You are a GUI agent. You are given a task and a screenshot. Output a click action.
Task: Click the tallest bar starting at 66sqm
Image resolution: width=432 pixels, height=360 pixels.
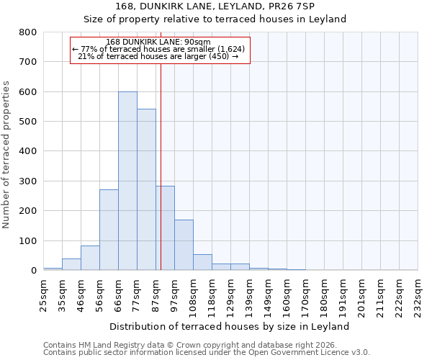[x=127, y=181]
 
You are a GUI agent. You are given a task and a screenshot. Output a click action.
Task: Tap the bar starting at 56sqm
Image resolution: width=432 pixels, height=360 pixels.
[x=109, y=230]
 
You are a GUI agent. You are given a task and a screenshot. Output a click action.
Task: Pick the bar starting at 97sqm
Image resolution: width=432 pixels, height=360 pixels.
[x=184, y=245]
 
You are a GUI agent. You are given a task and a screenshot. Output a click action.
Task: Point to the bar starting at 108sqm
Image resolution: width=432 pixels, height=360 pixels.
[x=202, y=262]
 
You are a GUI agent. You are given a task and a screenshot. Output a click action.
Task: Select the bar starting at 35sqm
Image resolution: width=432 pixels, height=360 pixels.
[x=71, y=264]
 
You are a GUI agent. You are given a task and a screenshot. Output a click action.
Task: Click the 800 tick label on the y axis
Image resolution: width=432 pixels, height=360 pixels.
[x=28, y=32]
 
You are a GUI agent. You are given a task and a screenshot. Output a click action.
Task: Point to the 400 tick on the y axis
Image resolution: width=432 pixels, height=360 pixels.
[x=28, y=151]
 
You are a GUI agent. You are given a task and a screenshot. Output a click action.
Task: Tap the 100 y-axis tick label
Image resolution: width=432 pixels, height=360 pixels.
[x=28, y=240]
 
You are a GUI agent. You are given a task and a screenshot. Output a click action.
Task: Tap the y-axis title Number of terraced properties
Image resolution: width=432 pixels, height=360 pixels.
[x=6, y=155]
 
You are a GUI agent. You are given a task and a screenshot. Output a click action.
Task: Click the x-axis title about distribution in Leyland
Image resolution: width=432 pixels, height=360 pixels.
[x=230, y=326]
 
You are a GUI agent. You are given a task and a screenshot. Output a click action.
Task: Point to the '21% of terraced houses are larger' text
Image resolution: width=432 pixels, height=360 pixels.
[x=158, y=56]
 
